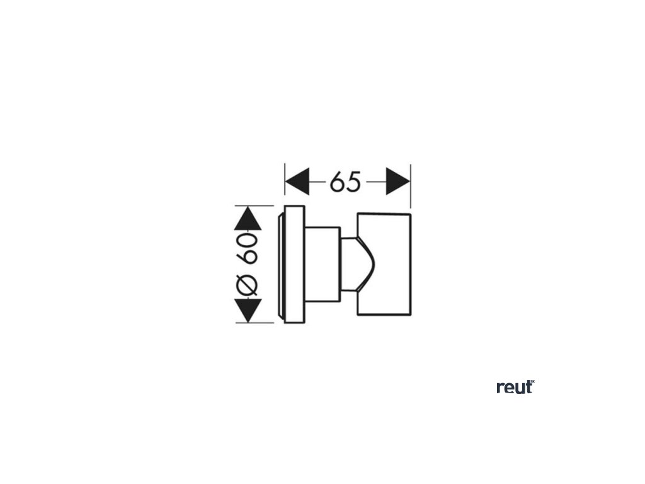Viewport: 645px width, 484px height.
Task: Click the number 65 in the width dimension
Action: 346,182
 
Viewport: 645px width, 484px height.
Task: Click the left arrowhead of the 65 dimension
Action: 297,182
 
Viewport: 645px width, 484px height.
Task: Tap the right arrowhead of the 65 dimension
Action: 398,182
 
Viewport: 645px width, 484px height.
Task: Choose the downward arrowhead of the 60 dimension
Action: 248,311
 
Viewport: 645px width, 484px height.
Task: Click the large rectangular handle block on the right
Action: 384,264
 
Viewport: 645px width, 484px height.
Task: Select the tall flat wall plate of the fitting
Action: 294,264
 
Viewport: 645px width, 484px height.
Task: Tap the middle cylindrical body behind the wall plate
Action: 323,264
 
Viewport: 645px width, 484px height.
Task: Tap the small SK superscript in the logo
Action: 532,381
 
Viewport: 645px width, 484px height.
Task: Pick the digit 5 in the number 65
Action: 354,182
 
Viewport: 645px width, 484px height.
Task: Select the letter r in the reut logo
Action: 500,388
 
